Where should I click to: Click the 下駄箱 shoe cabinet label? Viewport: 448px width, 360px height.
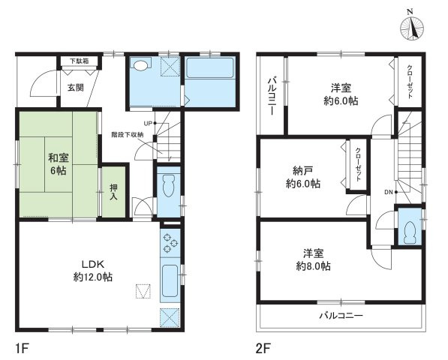click(x=79, y=61)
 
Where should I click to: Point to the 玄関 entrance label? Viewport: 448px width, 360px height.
click(x=76, y=87)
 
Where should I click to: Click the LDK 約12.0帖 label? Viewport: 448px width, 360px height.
click(x=95, y=271)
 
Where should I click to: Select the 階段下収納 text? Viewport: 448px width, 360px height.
click(x=127, y=135)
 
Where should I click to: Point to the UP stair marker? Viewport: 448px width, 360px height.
click(x=148, y=123)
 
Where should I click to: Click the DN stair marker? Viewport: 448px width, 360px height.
click(x=388, y=193)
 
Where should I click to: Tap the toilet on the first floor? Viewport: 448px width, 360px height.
click(x=169, y=184)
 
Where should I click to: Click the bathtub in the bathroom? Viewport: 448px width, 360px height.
click(x=209, y=77)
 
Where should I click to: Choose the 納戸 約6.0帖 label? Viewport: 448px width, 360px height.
click(x=303, y=176)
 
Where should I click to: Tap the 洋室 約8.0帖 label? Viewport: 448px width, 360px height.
click(x=314, y=259)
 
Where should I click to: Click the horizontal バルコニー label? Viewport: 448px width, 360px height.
click(x=341, y=316)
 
